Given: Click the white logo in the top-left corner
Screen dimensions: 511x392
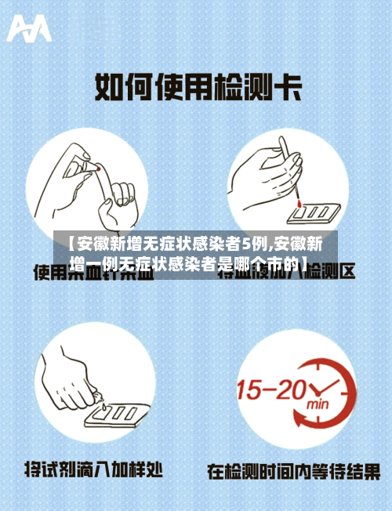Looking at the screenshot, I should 29,29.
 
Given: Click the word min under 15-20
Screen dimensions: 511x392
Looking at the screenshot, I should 317,405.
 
